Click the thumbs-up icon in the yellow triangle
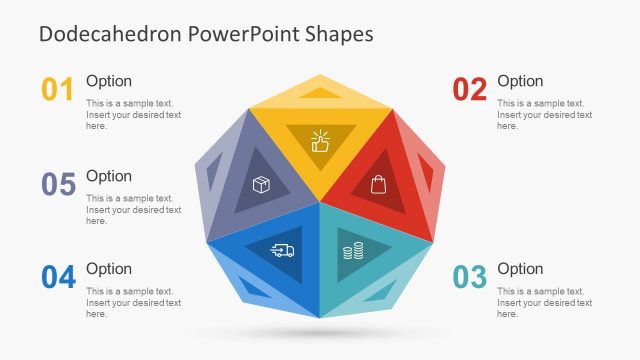point(320,141)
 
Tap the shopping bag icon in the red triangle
point(378,184)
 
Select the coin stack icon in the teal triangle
point(353,251)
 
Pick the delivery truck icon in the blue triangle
point(283,250)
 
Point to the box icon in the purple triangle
point(261,185)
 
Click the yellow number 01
point(58,90)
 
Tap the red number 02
point(469,90)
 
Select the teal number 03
point(469,277)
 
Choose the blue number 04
point(58,277)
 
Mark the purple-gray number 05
point(58,184)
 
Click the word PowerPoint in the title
point(252,33)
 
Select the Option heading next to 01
point(109,81)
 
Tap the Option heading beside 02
point(520,81)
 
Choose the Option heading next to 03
point(520,268)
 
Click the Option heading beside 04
point(109,268)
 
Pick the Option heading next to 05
point(109,176)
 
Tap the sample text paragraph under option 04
point(133,302)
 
